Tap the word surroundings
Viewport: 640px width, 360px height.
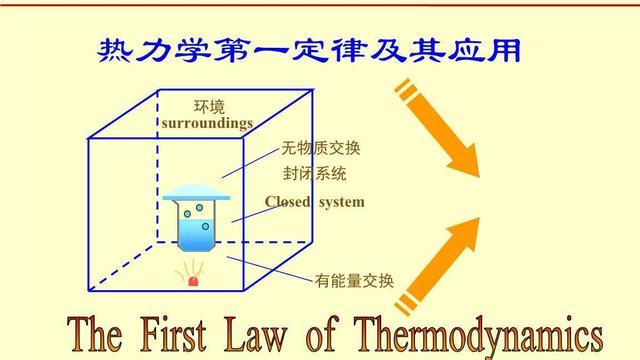[207, 122]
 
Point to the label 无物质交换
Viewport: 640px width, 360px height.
[320, 149]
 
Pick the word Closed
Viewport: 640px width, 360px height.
[289, 202]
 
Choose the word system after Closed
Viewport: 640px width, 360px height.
[341, 202]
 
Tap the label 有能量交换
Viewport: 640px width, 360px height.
[354, 279]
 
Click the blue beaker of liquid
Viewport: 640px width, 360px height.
[196, 225]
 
